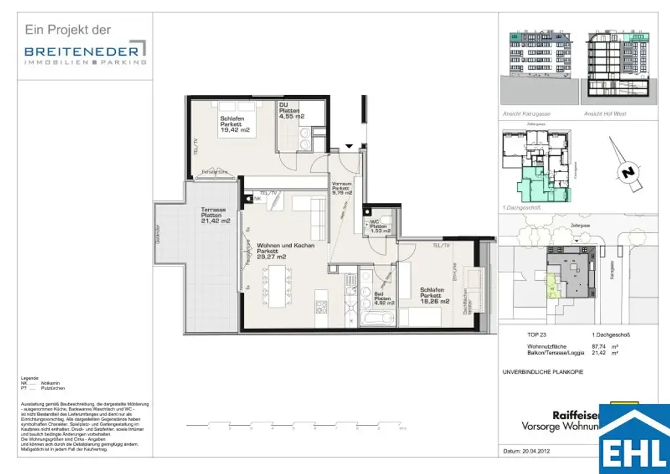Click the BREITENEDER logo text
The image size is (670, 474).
tap(81, 50)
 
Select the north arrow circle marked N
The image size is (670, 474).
tap(627, 173)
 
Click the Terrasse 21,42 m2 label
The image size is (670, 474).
tap(215, 215)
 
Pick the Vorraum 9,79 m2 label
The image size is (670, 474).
tap(342, 188)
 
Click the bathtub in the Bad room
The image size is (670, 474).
tap(377, 319)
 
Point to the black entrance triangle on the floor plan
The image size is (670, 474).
tap(349, 145)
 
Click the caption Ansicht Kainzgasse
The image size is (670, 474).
tap(525, 113)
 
